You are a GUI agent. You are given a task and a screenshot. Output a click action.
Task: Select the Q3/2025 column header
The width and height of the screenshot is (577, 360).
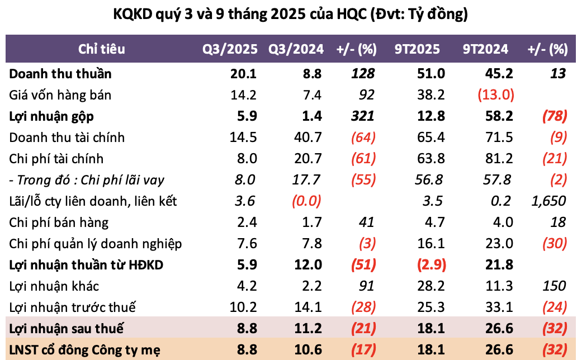(x=230, y=49)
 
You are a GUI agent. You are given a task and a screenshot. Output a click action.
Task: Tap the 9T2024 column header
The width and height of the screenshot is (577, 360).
(x=485, y=49)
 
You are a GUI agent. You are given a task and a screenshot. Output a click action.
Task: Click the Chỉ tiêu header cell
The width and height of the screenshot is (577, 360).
(x=102, y=49)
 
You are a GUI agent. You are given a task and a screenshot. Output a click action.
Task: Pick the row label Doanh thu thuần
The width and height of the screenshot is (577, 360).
(x=60, y=74)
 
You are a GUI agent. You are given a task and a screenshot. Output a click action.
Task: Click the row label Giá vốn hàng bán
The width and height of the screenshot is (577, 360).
(x=60, y=95)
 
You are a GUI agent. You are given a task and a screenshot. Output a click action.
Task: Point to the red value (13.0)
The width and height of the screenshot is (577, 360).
(x=496, y=95)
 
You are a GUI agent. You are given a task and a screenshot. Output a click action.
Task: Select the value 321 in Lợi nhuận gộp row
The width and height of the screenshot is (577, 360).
(x=363, y=116)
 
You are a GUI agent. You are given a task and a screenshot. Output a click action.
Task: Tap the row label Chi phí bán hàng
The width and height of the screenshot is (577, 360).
(x=59, y=222)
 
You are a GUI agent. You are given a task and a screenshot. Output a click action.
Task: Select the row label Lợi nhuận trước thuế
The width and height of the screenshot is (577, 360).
(x=73, y=307)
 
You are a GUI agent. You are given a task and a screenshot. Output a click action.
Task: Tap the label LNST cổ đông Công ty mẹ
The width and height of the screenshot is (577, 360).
(x=85, y=350)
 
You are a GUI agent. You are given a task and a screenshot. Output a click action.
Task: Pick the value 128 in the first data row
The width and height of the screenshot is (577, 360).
(x=363, y=74)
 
